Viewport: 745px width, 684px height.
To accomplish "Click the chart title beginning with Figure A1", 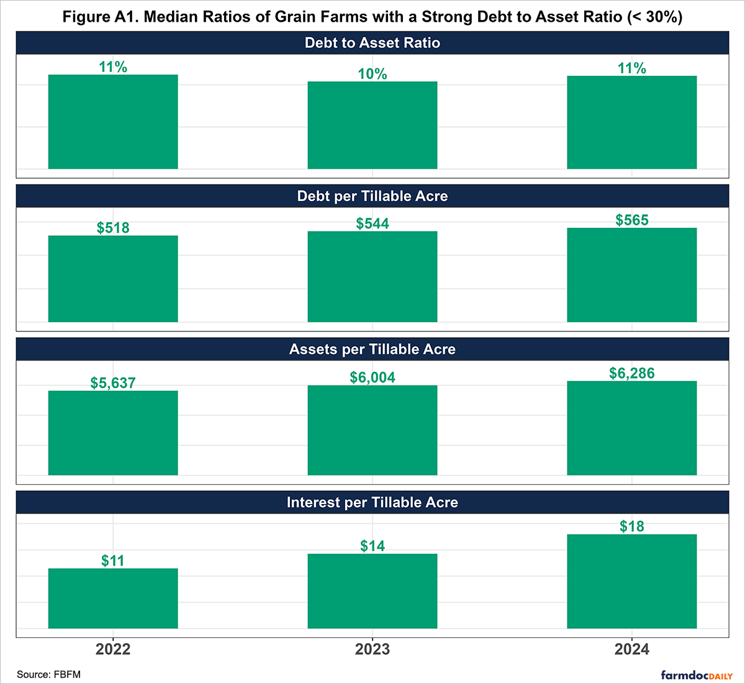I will tap(372, 16).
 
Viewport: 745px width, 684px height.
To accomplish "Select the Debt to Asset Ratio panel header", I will tap(372, 43).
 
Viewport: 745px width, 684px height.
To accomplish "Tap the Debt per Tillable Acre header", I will tap(372, 196).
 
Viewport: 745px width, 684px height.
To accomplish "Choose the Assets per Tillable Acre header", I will tap(372, 349).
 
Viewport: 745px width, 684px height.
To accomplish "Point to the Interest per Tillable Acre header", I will tap(372, 503).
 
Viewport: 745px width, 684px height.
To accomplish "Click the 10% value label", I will tap(372, 74).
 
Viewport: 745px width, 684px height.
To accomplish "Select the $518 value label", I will tap(113, 228).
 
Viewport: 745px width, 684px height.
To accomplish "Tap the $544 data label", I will tap(372, 223).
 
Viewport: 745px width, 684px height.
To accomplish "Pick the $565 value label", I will tap(632, 220).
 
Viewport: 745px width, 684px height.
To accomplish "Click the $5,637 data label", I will tap(113, 383).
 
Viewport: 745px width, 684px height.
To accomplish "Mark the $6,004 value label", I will tap(372, 377).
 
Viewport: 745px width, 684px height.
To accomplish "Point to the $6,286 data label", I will tap(632, 373).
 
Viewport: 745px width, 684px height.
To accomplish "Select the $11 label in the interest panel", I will tap(113, 560).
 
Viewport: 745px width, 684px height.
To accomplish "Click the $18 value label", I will tap(632, 526).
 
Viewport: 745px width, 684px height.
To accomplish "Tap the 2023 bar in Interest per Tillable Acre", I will tap(372, 591).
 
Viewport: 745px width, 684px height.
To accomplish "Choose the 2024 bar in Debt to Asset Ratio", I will tap(632, 122).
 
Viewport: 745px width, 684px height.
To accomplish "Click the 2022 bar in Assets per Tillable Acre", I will tap(113, 433).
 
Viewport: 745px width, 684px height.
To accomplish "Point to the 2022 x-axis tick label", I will tap(113, 649).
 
